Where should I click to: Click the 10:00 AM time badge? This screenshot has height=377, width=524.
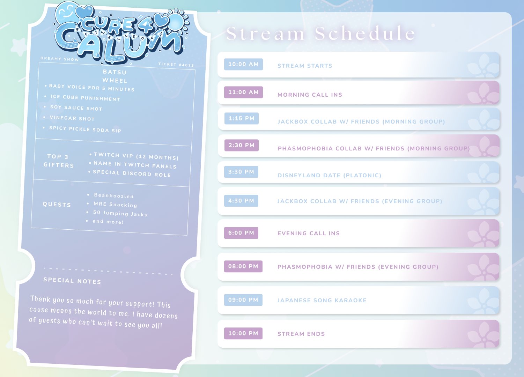(243, 64)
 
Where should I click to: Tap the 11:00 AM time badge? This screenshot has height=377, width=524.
(243, 92)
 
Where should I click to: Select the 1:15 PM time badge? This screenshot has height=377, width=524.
(242, 118)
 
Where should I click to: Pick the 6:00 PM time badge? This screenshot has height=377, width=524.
(241, 233)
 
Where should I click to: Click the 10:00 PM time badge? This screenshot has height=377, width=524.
(243, 333)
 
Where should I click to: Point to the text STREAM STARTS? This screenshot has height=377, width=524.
(305, 66)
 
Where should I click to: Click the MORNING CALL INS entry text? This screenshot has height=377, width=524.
(310, 95)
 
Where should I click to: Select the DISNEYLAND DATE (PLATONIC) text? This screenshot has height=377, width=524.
(329, 175)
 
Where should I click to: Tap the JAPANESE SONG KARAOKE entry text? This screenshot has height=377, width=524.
(322, 300)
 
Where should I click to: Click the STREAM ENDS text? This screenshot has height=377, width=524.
(301, 334)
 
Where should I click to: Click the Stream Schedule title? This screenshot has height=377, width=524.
(321, 33)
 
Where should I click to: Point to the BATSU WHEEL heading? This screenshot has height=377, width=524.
(115, 76)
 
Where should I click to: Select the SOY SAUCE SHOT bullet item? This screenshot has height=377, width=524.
(76, 108)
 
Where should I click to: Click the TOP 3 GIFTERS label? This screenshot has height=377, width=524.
(59, 161)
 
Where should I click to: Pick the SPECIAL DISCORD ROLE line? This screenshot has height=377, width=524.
(132, 173)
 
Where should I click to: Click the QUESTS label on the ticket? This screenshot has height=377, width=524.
(57, 205)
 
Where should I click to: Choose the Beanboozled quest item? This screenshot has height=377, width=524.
(114, 195)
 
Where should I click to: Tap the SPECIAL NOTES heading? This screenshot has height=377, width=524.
(72, 281)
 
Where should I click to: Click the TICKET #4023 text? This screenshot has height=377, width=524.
(176, 65)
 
